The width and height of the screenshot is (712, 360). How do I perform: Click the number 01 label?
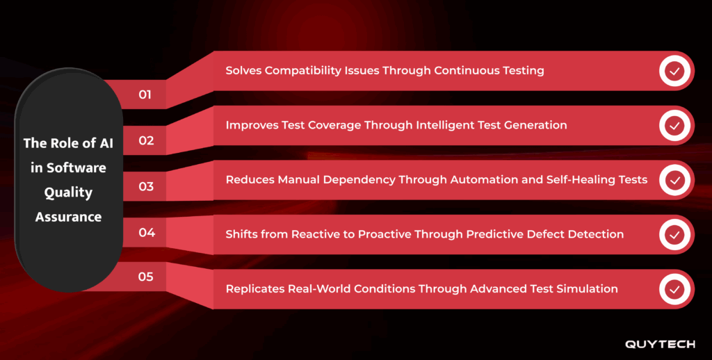(x=145, y=95)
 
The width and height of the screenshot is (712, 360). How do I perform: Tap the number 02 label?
(x=146, y=140)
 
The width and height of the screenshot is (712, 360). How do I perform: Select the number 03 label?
(x=146, y=186)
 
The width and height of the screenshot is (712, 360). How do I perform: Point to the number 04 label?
(x=146, y=232)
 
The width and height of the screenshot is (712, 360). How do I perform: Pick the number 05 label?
(x=145, y=277)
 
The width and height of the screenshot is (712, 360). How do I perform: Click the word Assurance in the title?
(x=68, y=217)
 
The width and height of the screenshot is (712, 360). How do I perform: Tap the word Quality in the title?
(x=68, y=193)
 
